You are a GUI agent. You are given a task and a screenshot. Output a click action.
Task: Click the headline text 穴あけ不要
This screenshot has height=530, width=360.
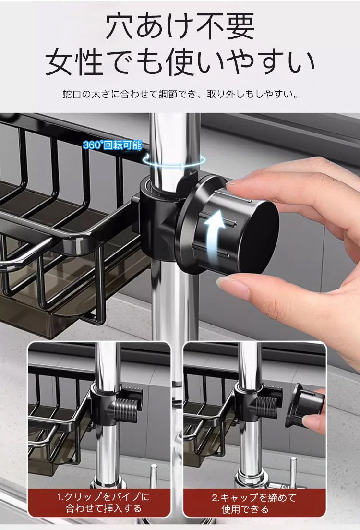[180, 26]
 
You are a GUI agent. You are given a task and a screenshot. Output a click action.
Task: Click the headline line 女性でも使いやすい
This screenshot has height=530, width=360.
[180, 62]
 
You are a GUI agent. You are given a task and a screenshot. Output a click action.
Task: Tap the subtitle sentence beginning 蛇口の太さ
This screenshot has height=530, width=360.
[180, 94]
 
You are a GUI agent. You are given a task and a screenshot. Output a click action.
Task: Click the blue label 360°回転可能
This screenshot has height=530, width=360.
[112, 145]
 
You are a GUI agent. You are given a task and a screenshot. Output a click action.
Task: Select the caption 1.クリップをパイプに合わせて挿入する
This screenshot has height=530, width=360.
[103, 503]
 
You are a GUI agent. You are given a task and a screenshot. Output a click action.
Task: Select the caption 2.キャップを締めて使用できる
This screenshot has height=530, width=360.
[254, 503]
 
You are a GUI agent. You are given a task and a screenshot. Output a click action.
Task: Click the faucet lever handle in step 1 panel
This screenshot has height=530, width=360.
[153, 477]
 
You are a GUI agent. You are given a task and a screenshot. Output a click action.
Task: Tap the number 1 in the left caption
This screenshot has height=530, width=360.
[60, 497]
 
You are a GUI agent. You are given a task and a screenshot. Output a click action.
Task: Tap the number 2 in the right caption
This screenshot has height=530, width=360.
[215, 497]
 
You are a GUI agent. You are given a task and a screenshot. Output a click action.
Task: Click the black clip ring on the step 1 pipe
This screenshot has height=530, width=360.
[104, 404]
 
